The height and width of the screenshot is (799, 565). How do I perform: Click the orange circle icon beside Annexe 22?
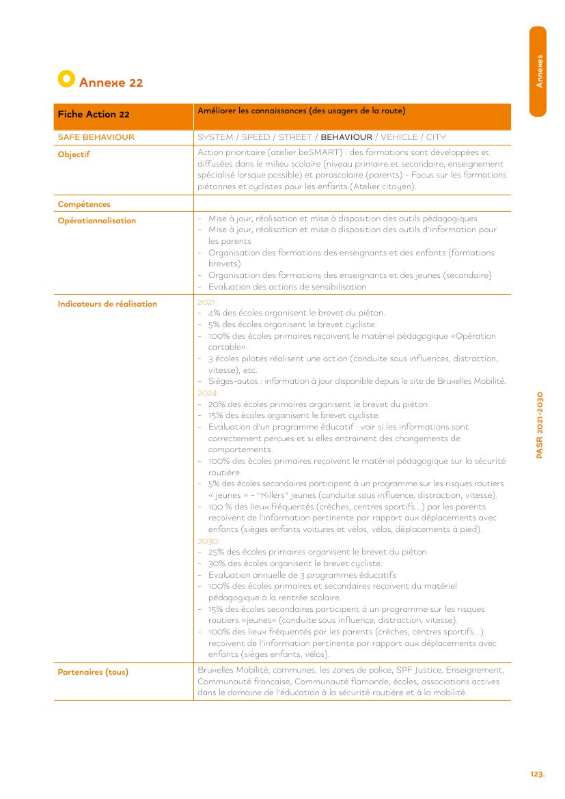(66, 79)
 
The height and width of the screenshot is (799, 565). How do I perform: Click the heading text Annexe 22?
(111, 83)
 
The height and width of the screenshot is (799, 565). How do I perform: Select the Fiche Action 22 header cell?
(94, 115)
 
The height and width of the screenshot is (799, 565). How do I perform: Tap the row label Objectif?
(74, 154)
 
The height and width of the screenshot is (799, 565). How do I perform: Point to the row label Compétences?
(84, 204)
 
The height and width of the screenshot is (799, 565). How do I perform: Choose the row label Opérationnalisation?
(96, 221)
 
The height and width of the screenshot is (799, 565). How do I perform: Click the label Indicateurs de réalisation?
(107, 304)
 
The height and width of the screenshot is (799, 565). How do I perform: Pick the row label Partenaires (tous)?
(93, 672)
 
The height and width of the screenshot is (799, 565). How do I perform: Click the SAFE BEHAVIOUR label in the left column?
(96, 137)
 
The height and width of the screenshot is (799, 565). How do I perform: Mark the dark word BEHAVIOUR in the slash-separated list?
(346, 137)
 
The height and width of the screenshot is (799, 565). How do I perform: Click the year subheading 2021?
(206, 302)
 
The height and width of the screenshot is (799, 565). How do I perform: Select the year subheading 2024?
(208, 393)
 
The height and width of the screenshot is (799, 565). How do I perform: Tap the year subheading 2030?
(208, 541)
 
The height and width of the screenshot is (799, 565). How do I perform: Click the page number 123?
(537, 774)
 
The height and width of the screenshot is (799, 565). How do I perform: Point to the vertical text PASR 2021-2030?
(540, 425)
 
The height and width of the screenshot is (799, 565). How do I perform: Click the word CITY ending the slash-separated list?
(436, 137)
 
